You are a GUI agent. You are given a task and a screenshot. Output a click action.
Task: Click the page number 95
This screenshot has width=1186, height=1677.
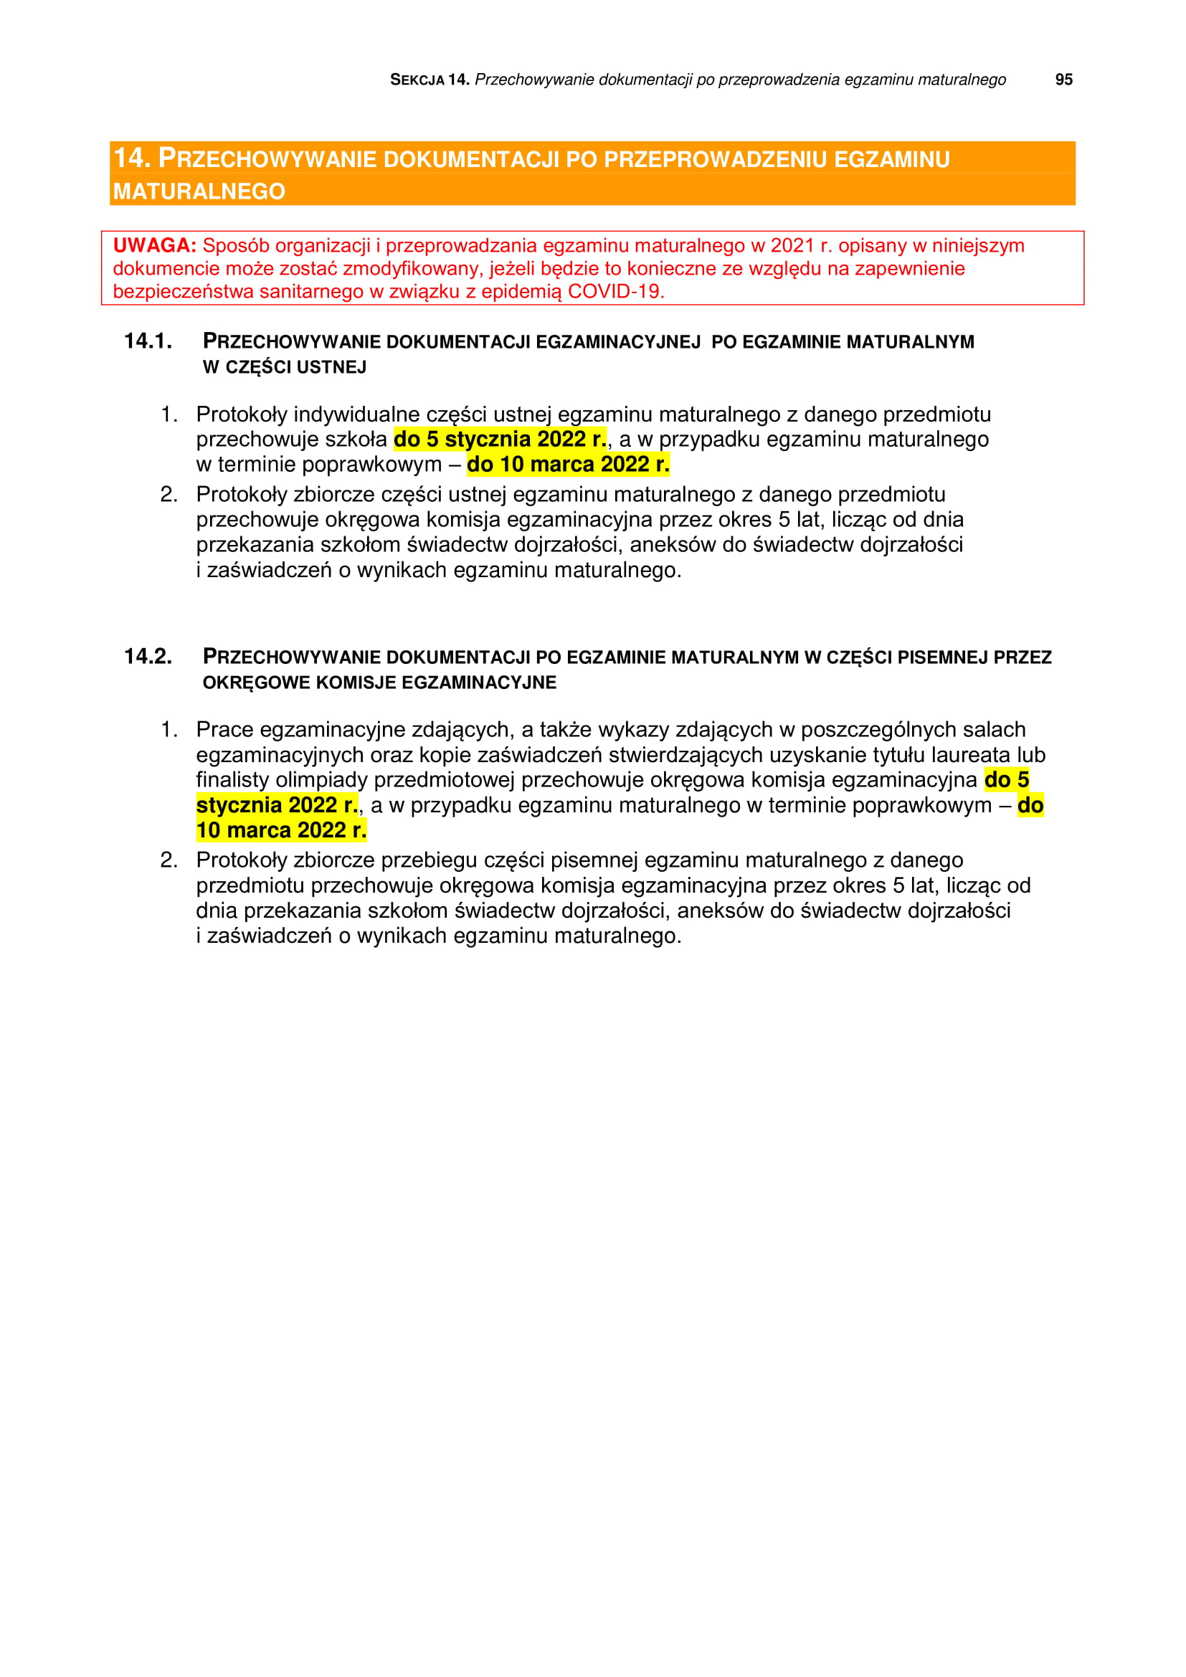click(1063, 80)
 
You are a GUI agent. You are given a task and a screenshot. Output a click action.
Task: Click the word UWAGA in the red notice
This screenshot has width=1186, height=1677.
click(154, 245)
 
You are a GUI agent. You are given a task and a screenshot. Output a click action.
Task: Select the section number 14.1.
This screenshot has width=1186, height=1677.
click(148, 341)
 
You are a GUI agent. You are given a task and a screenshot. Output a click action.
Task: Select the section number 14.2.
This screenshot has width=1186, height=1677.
click(148, 656)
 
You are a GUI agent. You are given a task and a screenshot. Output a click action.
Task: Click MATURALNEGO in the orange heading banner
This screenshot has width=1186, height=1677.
click(199, 191)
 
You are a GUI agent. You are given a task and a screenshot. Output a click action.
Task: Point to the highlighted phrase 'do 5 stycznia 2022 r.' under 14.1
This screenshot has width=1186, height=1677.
click(500, 439)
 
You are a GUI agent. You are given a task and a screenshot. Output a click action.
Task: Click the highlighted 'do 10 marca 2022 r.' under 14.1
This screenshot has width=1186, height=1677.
click(567, 464)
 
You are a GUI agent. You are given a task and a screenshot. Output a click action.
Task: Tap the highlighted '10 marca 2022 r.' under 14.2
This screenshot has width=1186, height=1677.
click(281, 830)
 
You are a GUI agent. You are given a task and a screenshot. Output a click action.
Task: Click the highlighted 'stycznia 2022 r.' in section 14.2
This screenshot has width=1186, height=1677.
click(277, 805)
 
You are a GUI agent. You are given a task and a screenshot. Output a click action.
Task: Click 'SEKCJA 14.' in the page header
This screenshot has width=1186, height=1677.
click(429, 80)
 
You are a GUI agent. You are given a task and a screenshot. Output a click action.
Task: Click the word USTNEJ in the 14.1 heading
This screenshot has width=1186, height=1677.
click(332, 366)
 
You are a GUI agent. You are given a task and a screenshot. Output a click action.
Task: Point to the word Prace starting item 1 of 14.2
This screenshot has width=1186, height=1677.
click(225, 729)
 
